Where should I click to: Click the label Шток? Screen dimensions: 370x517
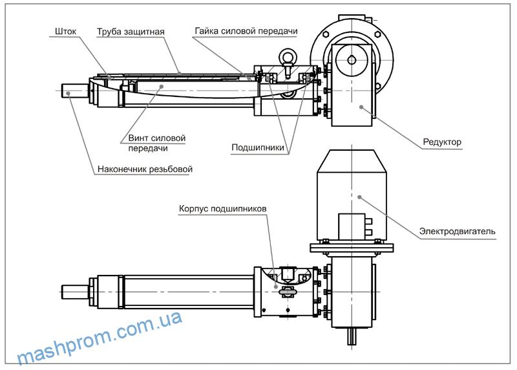[67, 30]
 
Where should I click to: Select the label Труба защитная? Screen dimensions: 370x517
[131, 31]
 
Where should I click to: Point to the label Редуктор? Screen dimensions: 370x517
[442, 142]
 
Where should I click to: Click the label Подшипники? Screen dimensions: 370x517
[258, 147]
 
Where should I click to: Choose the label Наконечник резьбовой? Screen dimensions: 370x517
[145, 170]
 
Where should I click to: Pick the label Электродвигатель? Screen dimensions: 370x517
[457, 231]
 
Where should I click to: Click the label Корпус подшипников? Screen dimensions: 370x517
[223, 209]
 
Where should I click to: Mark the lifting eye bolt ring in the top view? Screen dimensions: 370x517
[289, 62]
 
